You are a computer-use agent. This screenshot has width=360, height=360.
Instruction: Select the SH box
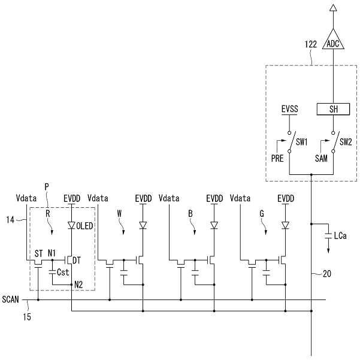click(x=334, y=109)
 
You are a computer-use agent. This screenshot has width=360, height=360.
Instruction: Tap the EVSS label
click(x=290, y=109)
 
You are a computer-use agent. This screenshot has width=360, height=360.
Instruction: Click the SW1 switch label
click(x=301, y=142)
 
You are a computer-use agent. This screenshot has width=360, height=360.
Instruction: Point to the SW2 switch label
click(x=346, y=142)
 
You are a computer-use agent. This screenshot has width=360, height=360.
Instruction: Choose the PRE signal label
click(x=277, y=158)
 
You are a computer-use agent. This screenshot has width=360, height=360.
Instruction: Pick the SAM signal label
click(x=321, y=158)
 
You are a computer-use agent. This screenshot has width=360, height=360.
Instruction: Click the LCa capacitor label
click(x=340, y=235)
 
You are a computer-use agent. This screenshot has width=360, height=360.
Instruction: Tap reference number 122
click(x=311, y=44)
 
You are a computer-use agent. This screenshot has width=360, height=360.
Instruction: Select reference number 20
click(x=327, y=274)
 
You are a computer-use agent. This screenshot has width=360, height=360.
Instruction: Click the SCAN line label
click(x=11, y=300)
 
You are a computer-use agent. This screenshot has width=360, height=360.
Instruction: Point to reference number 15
click(x=27, y=317)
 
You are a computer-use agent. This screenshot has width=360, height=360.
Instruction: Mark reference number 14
click(x=10, y=220)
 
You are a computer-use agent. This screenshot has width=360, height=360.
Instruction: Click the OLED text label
click(x=84, y=226)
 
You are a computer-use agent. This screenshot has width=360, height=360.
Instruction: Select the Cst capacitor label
click(x=63, y=273)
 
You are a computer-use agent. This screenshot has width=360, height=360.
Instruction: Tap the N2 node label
click(x=78, y=285)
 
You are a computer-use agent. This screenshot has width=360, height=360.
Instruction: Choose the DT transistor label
click(x=77, y=261)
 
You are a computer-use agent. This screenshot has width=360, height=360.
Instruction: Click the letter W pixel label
click(x=119, y=214)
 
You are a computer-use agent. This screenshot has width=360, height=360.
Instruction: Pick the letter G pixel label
click(x=262, y=214)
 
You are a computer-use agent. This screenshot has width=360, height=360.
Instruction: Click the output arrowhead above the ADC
click(x=333, y=8)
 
